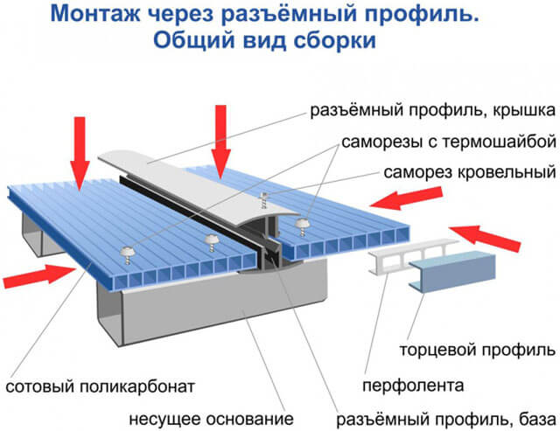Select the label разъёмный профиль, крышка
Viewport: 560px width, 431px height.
pos(431,113)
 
